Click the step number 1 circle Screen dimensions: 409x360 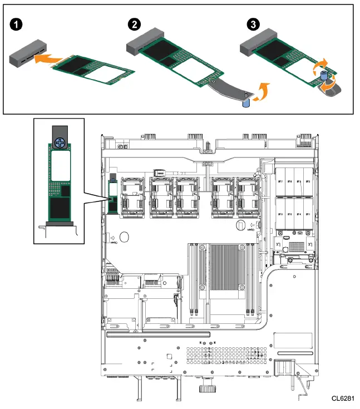[x=16, y=24]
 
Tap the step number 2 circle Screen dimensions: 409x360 [x=134, y=24]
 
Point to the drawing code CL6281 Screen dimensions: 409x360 [x=343, y=399]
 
